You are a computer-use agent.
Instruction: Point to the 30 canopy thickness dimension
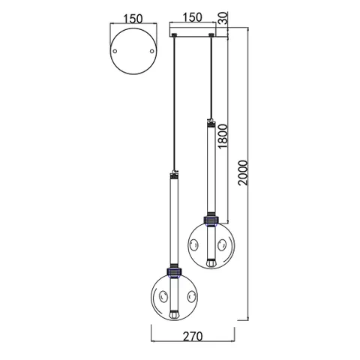pyautogui.click(x=223, y=16)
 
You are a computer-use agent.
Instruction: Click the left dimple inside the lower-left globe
pyautogui.click(x=160, y=294)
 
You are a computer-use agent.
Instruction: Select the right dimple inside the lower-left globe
pyautogui.click(x=191, y=294)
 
